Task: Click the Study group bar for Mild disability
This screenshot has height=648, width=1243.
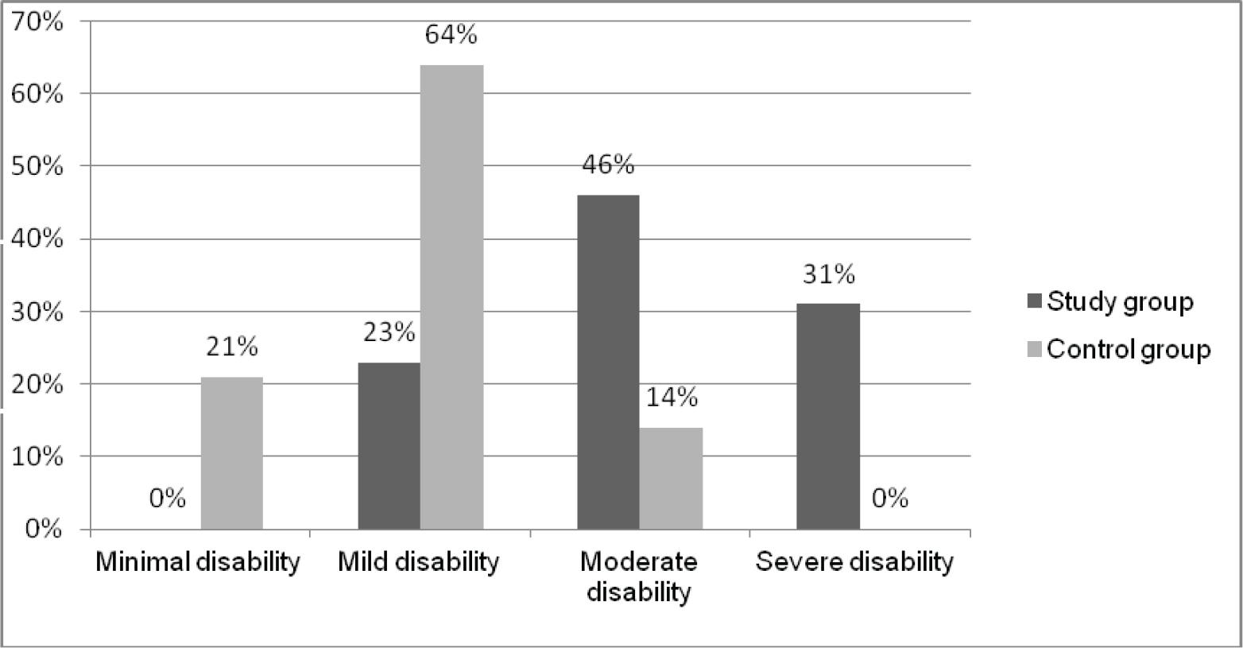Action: point(389,445)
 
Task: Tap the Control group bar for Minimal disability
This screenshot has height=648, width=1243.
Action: point(231,452)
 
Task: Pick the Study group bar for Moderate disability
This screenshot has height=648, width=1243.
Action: point(608,362)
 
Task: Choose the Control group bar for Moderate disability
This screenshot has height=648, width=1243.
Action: point(671,478)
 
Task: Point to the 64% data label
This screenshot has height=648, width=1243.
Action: point(451,35)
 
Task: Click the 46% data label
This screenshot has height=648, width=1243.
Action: point(608,165)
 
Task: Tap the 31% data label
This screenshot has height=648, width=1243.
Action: point(828,274)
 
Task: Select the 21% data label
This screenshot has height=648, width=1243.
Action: point(232,347)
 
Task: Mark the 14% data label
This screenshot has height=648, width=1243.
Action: point(672,397)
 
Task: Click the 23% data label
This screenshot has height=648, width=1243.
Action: point(389,332)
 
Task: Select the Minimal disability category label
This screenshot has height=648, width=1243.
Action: point(199,562)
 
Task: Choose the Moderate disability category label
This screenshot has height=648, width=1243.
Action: point(638,576)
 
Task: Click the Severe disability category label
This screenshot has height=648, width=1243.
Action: point(854,562)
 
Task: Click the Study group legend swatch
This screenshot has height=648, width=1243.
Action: point(1034,302)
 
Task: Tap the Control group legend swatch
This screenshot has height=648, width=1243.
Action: point(1034,350)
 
